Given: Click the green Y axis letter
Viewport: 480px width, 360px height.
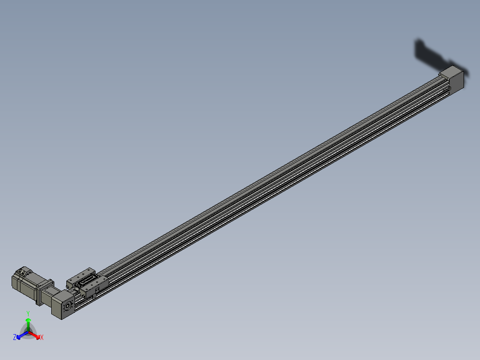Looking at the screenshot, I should [x=28, y=313].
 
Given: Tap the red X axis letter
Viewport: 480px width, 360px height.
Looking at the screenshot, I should [x=42, y=338].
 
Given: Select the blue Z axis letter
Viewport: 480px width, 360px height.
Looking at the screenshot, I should [x=15, y=338].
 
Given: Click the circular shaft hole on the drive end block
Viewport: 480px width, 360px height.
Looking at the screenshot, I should [x=68, y=308].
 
